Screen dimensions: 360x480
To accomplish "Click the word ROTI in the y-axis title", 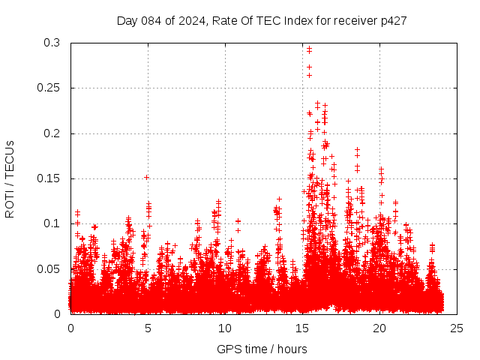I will point(9,204).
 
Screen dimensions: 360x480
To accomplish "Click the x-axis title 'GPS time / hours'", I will point(261,349).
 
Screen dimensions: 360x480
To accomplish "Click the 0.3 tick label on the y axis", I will point(52,43).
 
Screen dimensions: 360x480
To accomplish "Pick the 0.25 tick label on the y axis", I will point(49,88).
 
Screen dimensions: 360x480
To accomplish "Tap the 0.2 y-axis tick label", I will point(52,133).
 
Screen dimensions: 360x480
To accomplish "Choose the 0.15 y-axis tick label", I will point(49,178).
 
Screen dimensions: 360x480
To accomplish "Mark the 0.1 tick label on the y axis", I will point(52,223).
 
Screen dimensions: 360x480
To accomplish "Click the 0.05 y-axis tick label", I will point(49,268).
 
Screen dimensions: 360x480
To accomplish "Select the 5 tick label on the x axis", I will point(148,328).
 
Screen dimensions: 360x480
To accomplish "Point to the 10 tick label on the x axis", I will point(225,328).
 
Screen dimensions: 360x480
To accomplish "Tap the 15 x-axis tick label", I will point(302,328).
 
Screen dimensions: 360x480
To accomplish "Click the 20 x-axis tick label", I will point(379,328).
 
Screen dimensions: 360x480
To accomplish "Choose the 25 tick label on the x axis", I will point(457,328).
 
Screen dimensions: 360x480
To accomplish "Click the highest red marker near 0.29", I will point(309,49).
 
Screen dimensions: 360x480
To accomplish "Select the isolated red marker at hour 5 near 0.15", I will point(147,178).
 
